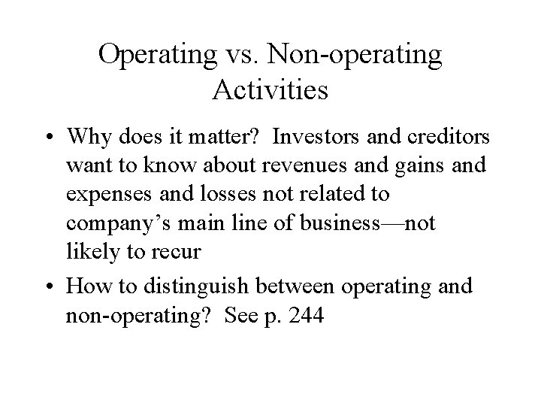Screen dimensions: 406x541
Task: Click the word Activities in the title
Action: pyautogui.click(x=270, y=89)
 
